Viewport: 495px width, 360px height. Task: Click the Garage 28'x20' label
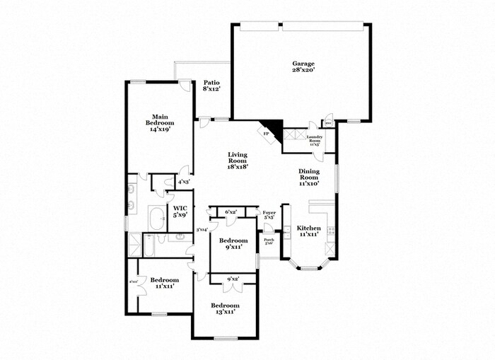point(303,67)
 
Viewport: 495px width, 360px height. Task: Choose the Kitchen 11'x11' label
point(309,231)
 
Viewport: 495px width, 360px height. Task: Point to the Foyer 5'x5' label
point(269,215)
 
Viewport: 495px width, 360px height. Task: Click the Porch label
point(269,241)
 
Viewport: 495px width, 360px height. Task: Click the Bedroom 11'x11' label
point(163,283)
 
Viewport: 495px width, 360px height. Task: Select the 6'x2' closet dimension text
point(231,212)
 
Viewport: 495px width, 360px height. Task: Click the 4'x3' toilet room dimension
point(183,182)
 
